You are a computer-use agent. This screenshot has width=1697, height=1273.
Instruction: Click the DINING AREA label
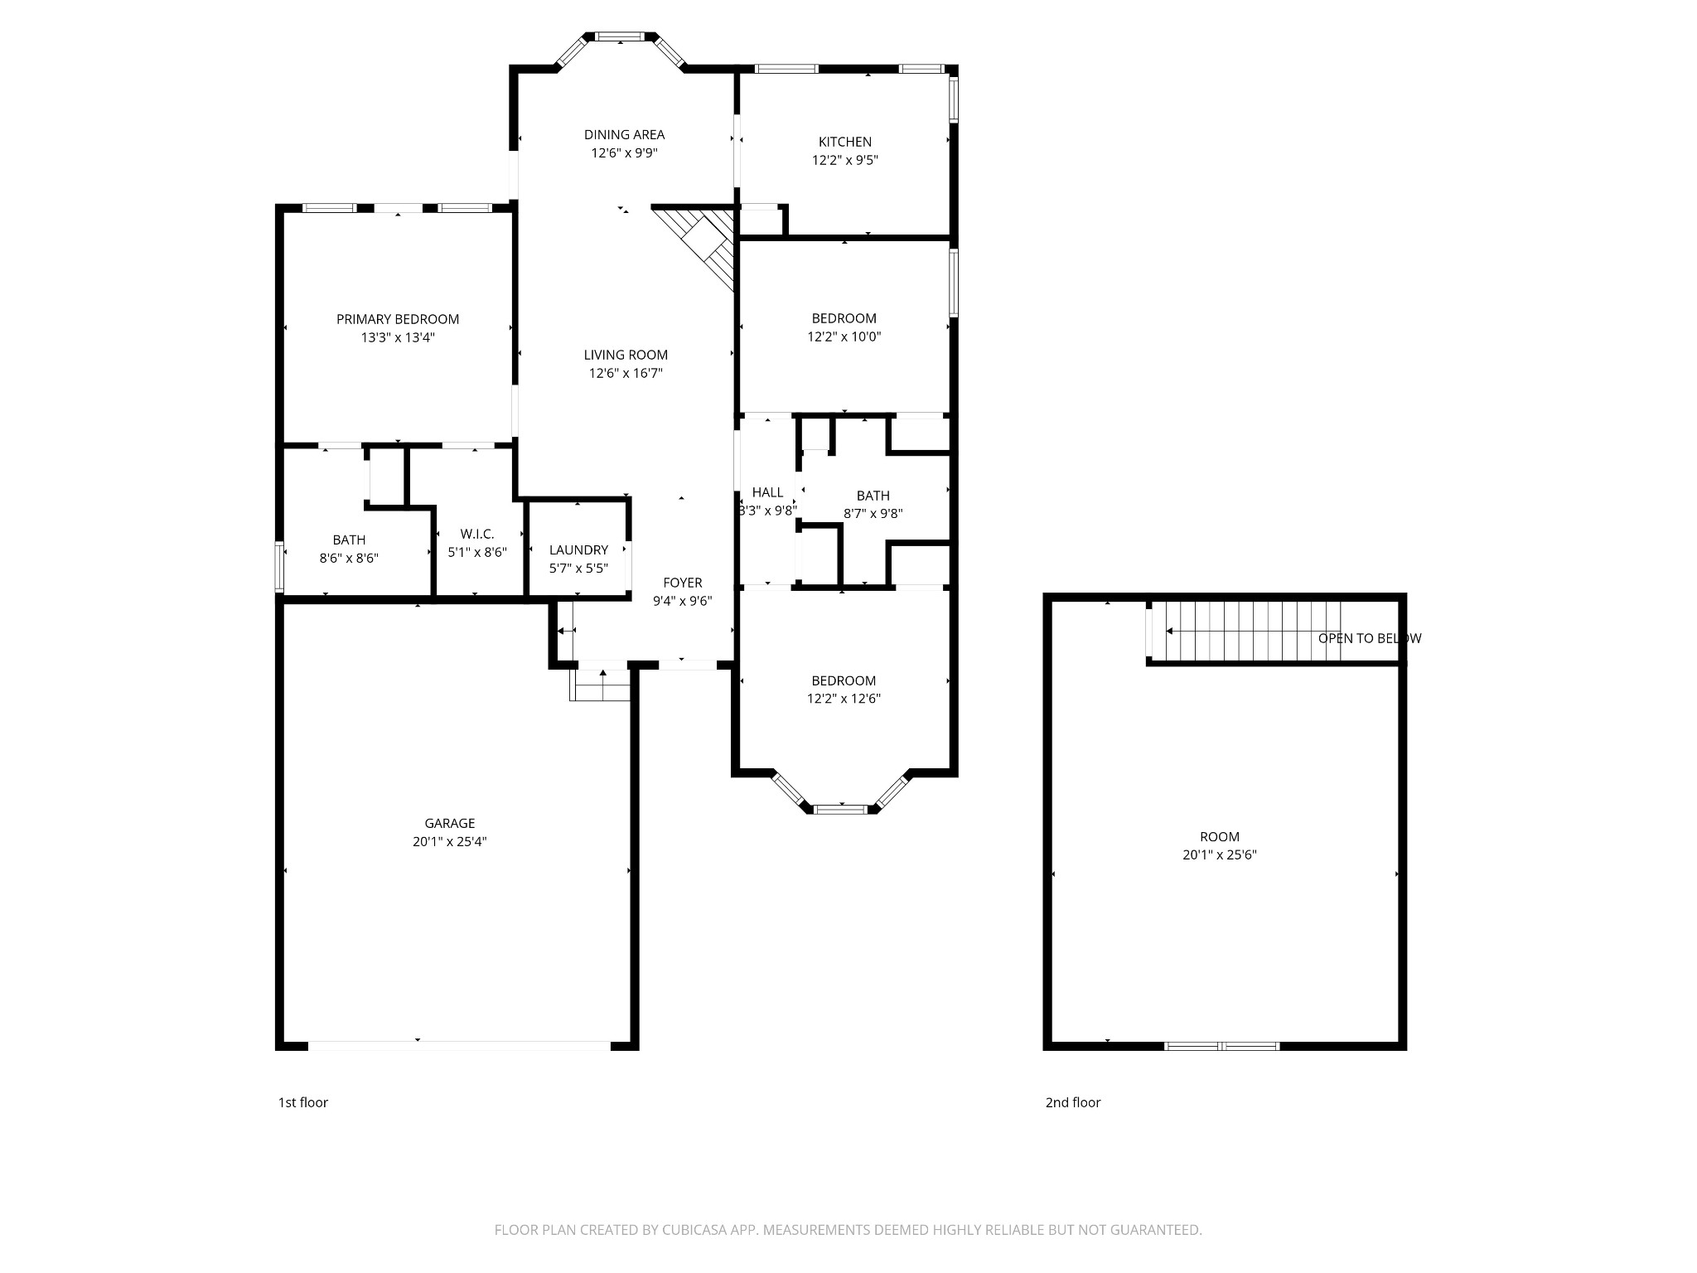(x=624, y=134)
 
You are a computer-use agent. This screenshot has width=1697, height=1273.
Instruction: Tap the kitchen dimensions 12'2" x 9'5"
(x=844, y=160)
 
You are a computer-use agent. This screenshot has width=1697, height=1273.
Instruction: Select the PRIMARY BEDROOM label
(x=397, y=319)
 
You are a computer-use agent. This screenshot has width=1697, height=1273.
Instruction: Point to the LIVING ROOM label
(x=625, y=355)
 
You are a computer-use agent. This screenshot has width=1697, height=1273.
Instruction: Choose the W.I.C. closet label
(x=476, y=535)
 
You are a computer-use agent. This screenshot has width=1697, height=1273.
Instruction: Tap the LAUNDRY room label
(x=578, y=549)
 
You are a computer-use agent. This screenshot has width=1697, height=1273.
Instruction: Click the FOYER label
(x=682, y=583)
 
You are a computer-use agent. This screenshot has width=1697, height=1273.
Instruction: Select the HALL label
(x=767, y=492)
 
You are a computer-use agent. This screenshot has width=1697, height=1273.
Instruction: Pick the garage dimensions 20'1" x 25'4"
(x=449, y=841)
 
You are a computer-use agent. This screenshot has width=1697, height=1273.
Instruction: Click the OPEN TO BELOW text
(x=1369, y=638)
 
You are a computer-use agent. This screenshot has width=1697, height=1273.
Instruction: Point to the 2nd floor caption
(x=1072, y=1102)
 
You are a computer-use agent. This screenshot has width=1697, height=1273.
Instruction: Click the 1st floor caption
(x=302, y=1102)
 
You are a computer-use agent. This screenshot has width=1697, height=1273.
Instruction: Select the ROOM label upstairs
(x=1219, y=836)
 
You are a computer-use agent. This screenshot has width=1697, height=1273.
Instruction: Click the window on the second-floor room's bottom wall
(x=1221, y=1046)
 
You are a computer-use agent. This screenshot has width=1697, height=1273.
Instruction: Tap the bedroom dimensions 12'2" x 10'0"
(x=844, y=336)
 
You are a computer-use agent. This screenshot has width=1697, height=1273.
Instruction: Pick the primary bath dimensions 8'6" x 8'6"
(x=349, y=559)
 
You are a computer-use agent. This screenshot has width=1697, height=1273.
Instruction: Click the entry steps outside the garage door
(x=600, y=685)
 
